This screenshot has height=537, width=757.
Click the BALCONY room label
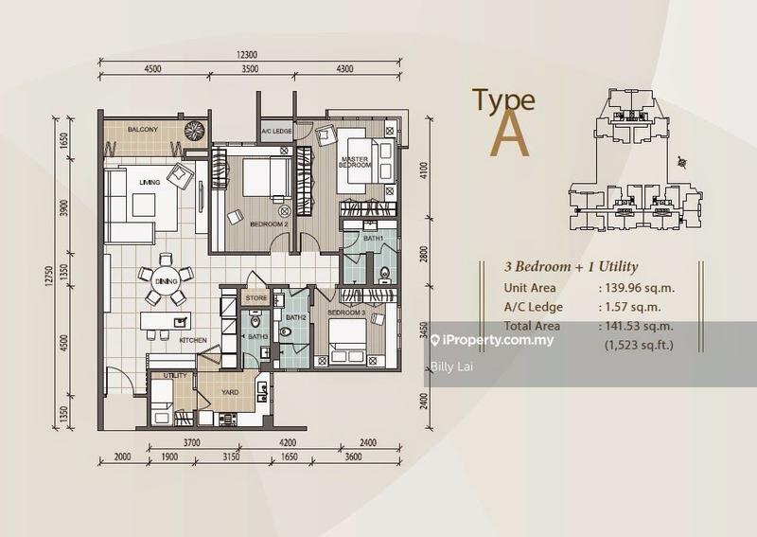pos(143,130)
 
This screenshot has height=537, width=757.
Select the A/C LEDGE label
pos(276,132)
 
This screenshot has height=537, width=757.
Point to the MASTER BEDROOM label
pos(355,162)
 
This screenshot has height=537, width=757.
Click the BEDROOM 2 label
pos(269,224)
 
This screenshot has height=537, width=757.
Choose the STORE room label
pos(255,298)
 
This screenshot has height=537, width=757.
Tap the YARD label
pos(230,392)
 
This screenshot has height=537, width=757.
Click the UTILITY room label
pos(175,376)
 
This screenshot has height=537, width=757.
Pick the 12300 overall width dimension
pos(247,55)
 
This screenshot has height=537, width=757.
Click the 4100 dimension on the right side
pos(424,170)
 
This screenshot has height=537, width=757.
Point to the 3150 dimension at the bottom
pos(231,456)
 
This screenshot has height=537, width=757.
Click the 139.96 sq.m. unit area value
pos(639,288)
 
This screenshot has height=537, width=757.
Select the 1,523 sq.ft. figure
pos(639,345)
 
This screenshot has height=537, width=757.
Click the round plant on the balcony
pos(195,131)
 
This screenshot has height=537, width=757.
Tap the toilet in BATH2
pos(287,331)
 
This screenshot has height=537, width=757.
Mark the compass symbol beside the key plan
pos(681,162)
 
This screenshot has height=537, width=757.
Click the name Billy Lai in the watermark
pos(452,367)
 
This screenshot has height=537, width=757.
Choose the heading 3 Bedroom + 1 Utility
pos(572,267)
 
